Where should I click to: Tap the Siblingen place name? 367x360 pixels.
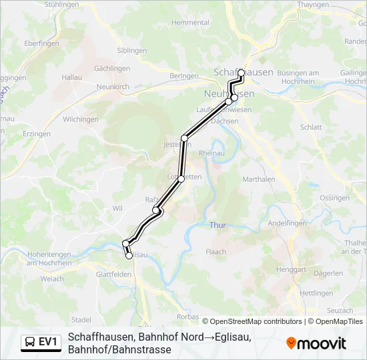131,50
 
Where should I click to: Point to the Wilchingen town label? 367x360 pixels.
81,119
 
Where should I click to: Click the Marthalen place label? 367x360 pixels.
258,179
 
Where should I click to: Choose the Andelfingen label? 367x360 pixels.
287,224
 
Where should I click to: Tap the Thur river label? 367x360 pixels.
218,225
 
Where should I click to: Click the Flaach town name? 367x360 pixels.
216,252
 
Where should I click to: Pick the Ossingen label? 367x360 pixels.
334,198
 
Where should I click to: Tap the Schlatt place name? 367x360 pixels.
311,127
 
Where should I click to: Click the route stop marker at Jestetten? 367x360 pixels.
185,138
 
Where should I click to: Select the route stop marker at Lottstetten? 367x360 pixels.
181,179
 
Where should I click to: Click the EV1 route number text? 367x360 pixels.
49,342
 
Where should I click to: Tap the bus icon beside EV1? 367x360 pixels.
30,342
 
